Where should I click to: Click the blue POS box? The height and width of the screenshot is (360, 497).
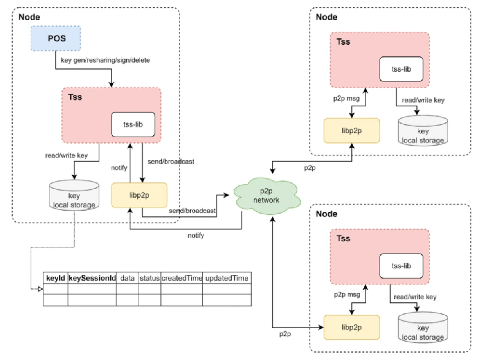[56, 38]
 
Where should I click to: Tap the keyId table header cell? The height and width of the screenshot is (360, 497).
[56, 278]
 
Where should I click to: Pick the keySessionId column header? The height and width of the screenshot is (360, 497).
[92, 278]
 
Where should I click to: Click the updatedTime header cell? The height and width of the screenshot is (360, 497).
[227, 278]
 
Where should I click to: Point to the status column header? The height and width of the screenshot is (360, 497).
[149, 278]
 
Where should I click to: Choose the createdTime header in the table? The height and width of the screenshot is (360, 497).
[182, 278]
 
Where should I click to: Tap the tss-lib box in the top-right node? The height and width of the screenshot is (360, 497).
[401, 69]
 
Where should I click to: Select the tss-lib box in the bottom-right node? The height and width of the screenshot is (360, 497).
[401, 266]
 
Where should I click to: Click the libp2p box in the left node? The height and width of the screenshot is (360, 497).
[139, 195]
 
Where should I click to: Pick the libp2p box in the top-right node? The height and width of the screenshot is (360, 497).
[352, 131]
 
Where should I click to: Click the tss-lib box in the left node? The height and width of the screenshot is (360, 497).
[133, 124]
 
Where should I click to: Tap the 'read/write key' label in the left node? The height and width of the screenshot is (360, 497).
[66, 155]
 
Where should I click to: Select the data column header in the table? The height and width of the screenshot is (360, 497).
[128, 278]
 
